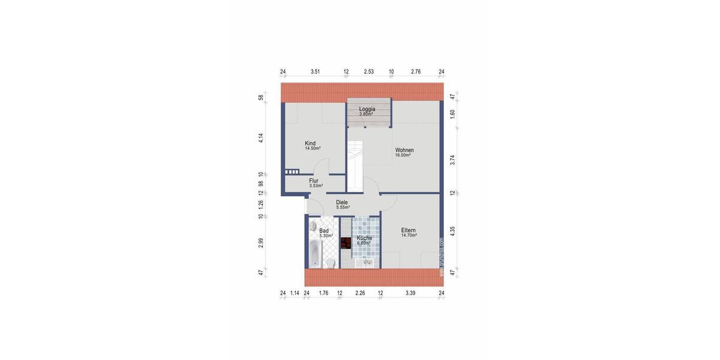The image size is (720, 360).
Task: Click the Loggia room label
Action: [x=367, y=109]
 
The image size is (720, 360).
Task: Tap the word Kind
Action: [x=310, y=143]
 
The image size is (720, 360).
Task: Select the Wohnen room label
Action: [x=404, y=150]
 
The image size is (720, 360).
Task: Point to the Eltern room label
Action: [x=409, y=230]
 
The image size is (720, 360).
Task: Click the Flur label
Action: [x=314, y=181]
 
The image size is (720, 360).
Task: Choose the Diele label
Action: [x=342, y=202]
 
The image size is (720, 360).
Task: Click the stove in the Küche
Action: [x=346, y=244]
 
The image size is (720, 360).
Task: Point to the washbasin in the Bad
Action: [x=313, y=226]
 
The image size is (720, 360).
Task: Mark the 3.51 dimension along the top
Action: [x=315, y=72]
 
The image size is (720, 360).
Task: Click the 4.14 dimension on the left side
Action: [x=261, y=137]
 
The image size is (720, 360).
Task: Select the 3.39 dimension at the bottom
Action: [x=410, y=293]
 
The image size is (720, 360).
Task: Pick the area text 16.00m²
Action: [x=403, y=155]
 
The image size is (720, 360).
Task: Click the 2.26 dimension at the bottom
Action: [x=360, y=293]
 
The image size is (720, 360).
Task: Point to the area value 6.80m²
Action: [x=364, y=243]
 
